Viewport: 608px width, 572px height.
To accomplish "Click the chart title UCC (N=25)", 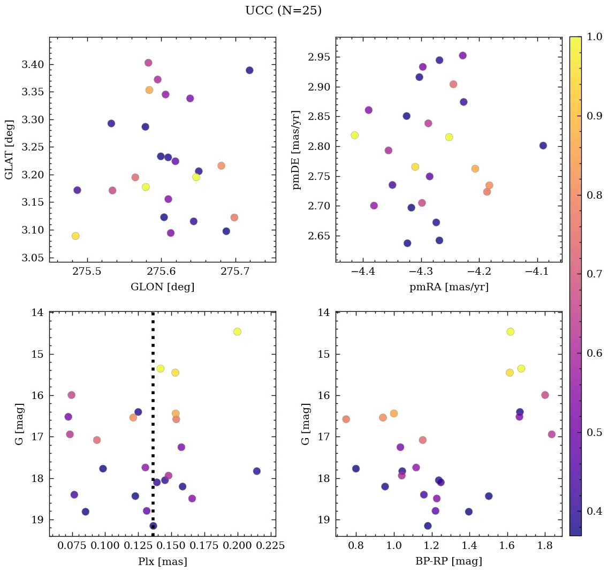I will tap(283, 11).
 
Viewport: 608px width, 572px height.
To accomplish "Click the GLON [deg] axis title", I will tap(162, 287).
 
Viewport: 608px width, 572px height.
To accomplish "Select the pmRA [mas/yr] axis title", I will tap(449, 287).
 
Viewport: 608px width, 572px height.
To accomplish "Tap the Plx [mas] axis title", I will tap(162, 561).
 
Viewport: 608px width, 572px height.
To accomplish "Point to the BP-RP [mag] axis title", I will tap(449, 561).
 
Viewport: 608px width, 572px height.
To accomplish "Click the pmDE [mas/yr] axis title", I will tap(296, 150).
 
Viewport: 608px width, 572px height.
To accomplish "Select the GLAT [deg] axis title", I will tap(9, 150).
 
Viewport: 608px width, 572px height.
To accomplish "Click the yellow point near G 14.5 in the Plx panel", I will tap(237, 332).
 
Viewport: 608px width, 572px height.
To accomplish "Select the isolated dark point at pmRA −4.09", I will tap(543, 146).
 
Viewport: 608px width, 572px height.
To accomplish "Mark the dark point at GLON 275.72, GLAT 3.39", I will tap(249, 70).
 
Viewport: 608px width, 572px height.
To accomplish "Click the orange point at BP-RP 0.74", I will tap(346, 419).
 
